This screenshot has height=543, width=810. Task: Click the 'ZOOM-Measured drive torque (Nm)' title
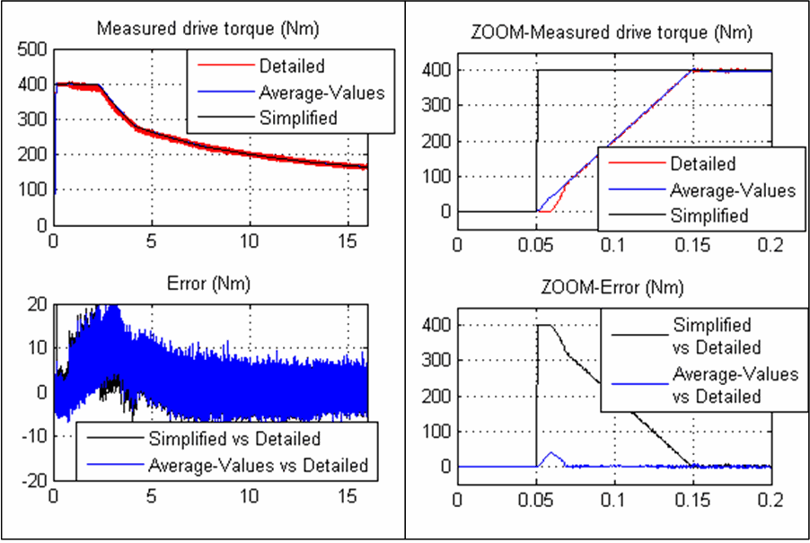point(612,33)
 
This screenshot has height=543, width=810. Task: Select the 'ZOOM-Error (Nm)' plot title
point(613,288)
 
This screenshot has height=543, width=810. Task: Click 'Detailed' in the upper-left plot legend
point(292,66)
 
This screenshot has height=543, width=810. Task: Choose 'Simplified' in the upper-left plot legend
point(298,118)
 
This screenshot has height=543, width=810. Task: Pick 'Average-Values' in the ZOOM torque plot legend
point(733,189)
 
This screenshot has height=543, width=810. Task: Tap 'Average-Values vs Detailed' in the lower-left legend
point(257,465)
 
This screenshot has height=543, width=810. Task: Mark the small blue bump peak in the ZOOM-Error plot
point(550,452)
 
